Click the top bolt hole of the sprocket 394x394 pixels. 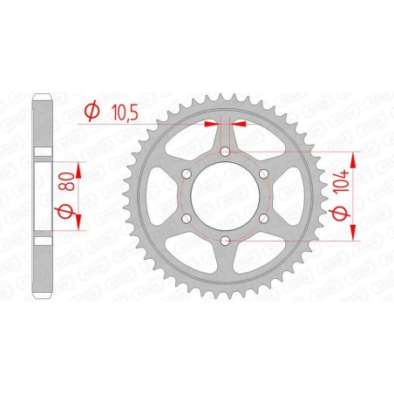click(x=225, y=153)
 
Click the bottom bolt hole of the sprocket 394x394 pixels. click(x=225, y=239)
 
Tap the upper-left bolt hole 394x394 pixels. click(x=187, y=174)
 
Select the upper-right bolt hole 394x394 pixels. click(x=262, y=174)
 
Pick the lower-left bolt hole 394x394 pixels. click(x=187, y=217)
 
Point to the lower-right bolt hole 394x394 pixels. click(x=262, y=217)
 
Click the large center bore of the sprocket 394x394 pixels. click(x=225, y=196)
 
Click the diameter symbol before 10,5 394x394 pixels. click(x=92, y=111)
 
